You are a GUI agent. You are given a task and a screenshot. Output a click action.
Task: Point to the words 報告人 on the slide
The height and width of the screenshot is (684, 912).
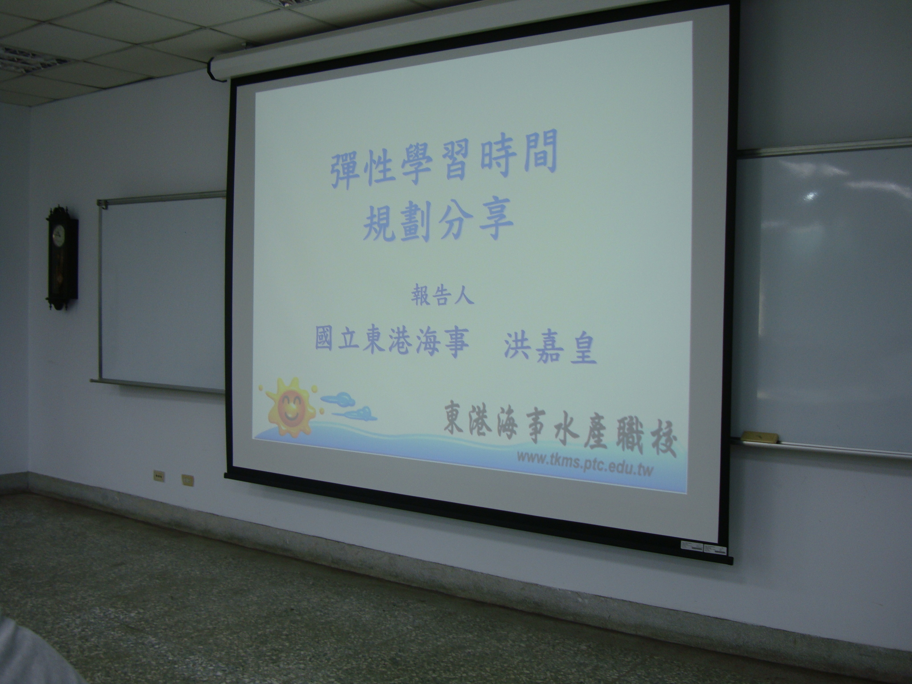(442, 297)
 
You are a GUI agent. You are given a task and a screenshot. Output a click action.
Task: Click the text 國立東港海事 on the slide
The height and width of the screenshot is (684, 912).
(392, 342)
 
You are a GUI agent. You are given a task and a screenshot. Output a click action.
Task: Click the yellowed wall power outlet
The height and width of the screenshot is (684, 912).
(187, 480)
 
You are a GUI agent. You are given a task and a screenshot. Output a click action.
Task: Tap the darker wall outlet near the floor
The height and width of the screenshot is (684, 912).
(159, 476)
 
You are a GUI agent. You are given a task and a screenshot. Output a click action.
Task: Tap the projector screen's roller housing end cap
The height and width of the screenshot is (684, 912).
(214, 69)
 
